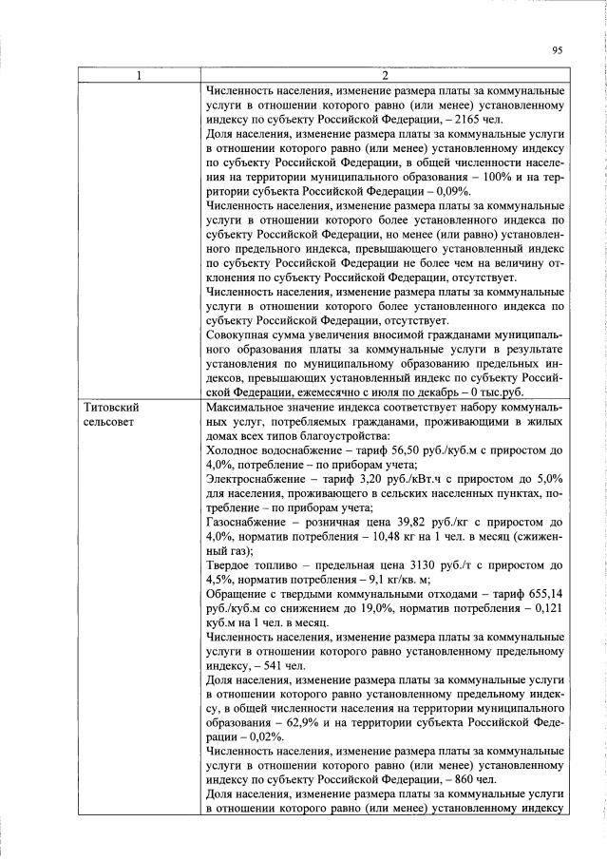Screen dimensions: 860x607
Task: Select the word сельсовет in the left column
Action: point(99,421)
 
